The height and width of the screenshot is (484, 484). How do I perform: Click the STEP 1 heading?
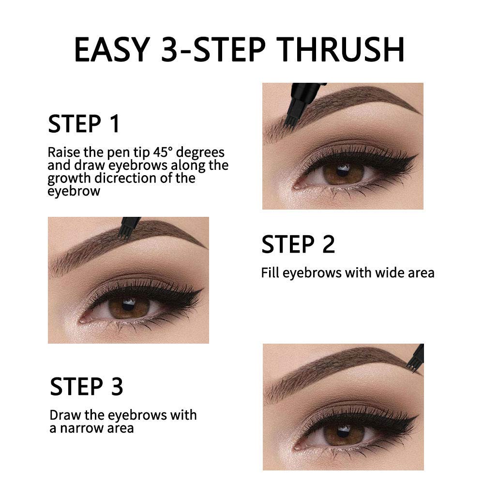[84, 124]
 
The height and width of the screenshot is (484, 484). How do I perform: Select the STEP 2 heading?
[298, 244]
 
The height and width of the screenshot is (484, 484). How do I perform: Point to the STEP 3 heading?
[87, 387]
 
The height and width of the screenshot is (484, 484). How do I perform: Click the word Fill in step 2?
[270, 272]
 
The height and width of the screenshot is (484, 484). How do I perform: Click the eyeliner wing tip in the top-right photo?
[418, 156]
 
